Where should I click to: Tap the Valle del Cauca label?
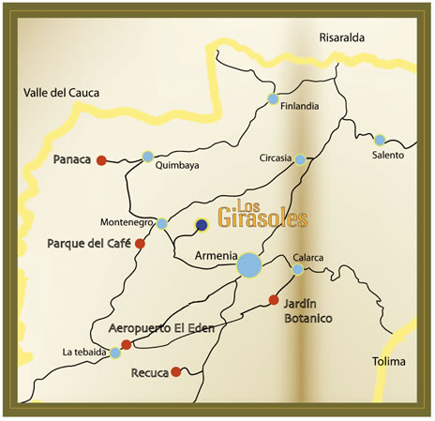click(x=61, y=92)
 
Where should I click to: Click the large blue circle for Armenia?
click(x=249, y=265)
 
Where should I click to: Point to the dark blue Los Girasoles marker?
click(x=201, y=224)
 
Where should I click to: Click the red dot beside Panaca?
click(x=102, y=159)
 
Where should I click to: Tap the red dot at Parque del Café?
click(x=140, y=244)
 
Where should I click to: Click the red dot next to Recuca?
click(x=176, y=372)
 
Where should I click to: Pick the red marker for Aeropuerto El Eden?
click(x=127, y=345)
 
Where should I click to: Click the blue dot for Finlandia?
click(x=273, y=98)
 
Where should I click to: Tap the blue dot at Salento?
click(x=380, y=139)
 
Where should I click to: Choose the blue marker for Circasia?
click(x=300, y=159)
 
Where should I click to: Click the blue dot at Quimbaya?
click(x=147, y=156)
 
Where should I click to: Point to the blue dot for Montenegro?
click(x=162, y=223)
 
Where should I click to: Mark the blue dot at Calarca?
click(x=297, y=269)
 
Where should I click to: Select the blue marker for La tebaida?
click(x=115, y=353)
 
